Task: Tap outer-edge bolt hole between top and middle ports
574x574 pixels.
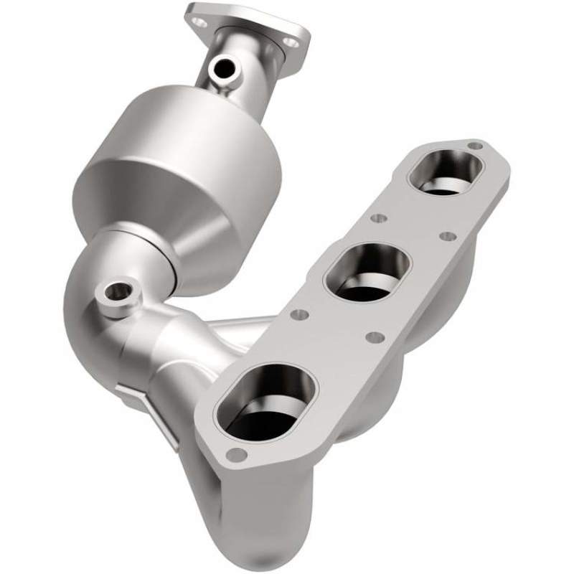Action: [x=446, y=236]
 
